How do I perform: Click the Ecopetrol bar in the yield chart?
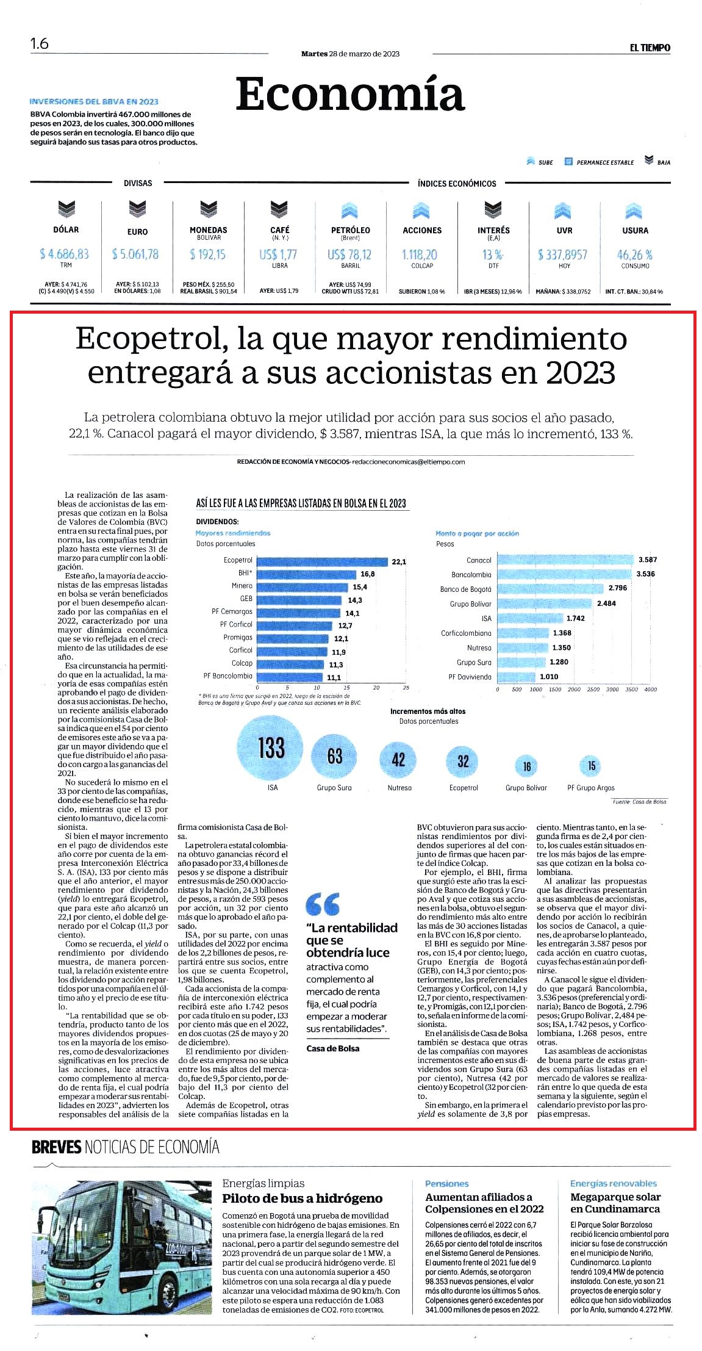322,561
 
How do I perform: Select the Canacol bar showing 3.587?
565,560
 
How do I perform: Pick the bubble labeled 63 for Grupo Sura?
334,756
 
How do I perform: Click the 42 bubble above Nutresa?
398,760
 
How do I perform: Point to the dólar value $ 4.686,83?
64,254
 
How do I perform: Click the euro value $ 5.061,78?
135,254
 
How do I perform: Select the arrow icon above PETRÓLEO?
349,211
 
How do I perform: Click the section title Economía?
350,94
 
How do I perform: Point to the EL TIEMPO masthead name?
650,48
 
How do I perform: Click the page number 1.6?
40,44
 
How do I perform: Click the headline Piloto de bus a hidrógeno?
302,1198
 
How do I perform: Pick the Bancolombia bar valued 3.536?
565,574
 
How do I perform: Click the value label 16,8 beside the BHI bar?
368,574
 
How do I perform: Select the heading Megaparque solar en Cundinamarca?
615,1203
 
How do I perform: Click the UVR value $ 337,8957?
562,254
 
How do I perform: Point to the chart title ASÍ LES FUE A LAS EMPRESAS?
301,503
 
